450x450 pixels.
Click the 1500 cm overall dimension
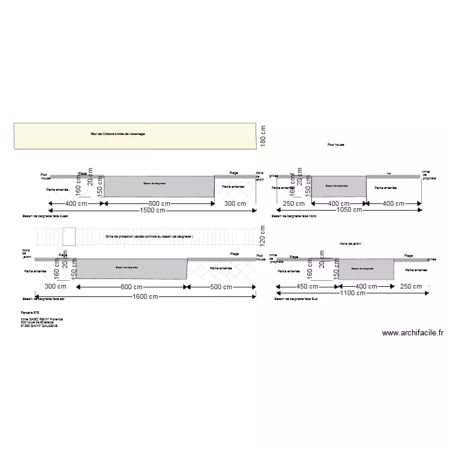[152, 210]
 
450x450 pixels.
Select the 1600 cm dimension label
[146, 296]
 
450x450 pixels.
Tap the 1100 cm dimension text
[353, 293]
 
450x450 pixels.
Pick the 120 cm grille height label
[262, 236]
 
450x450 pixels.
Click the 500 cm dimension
[220, 287]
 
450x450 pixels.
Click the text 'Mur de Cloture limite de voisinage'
[118, 134]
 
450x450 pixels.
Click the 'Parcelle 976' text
[30, 313]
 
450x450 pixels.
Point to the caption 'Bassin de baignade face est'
[43, 298]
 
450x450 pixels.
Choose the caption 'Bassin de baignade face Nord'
[293, 215]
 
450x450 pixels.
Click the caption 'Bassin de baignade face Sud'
[296, 298]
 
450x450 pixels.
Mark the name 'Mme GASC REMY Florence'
[42, 319]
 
